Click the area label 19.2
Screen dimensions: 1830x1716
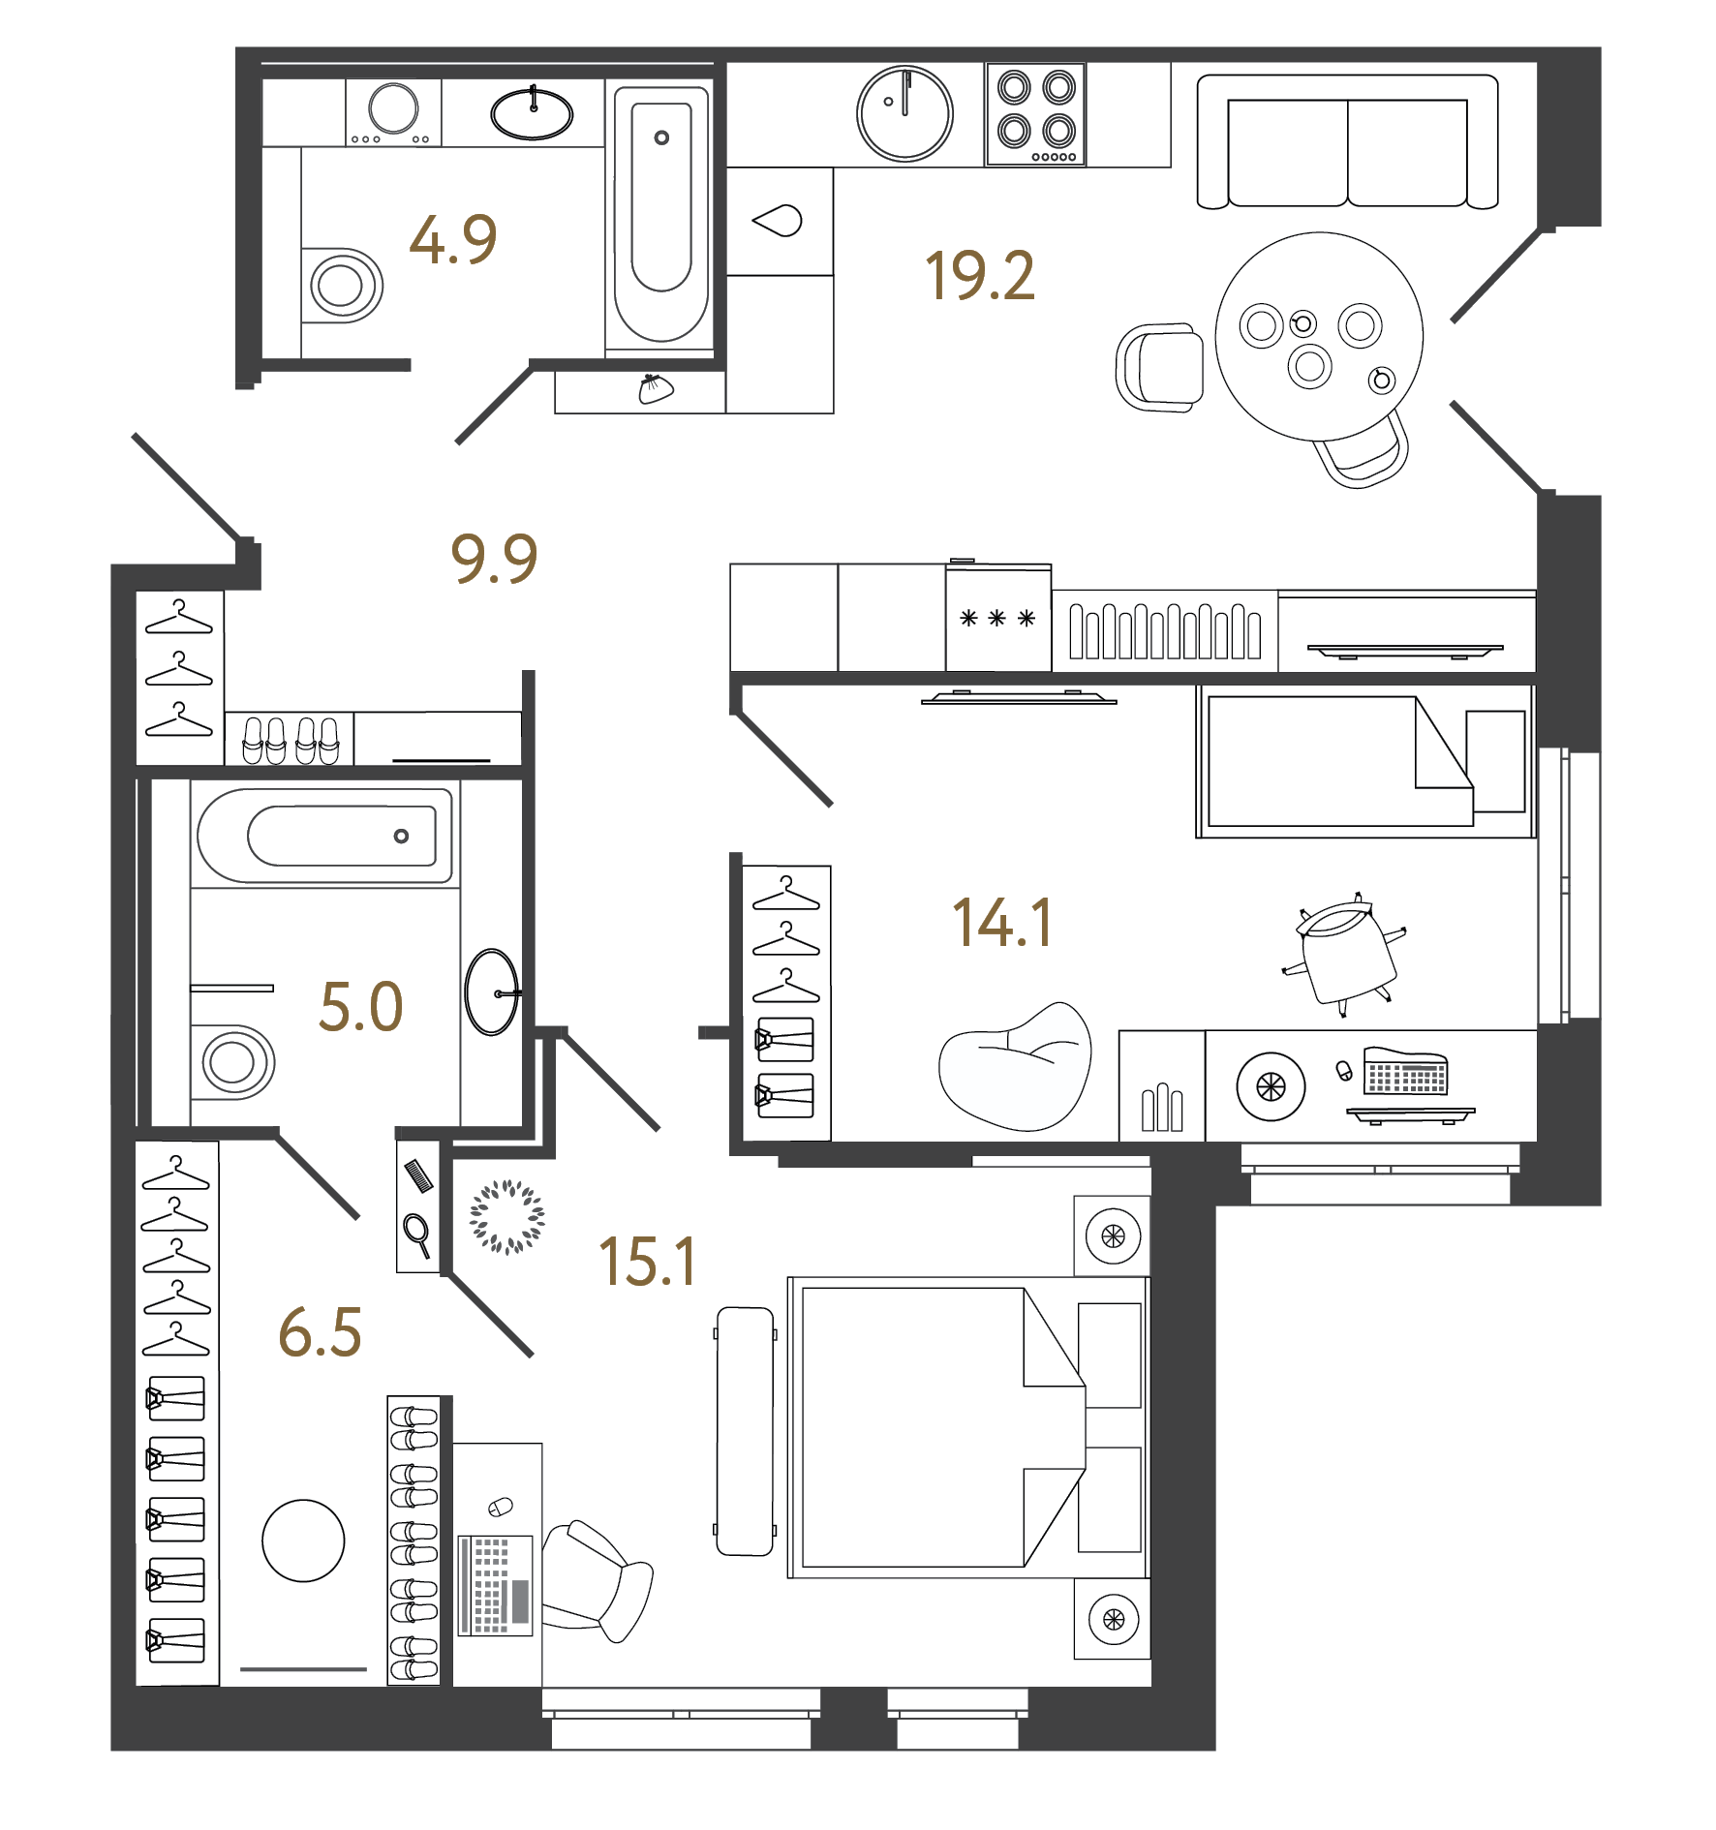tap(979, 276)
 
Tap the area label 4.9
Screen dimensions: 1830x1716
tap(452, 240)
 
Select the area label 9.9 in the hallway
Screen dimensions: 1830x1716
tap(494, 559)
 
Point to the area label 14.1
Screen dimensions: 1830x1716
tap(1002, 923)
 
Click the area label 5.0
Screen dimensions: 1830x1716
tap(360, 1007)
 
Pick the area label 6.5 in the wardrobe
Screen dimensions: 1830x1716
tap(320, 1332)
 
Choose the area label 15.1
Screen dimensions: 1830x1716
tap(647, 1263)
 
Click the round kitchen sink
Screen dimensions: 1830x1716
tap(904, 113)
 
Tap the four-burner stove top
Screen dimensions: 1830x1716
tap(1035, 114)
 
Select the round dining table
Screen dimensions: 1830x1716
tap(1318, 336)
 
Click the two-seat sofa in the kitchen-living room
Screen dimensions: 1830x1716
tap(1347, 142)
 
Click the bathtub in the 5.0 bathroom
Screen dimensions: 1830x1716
tap(325, 836)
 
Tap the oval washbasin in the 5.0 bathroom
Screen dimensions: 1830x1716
tap(492, 992)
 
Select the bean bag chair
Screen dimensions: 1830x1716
tap(1017, 1070)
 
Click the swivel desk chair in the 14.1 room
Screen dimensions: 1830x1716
tap(1346, 954)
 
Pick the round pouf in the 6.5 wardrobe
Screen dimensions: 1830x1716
tap(303, 1540)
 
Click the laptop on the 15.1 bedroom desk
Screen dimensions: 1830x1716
tap(495, 1583)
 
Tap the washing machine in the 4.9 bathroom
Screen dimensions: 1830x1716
tap(393, 112)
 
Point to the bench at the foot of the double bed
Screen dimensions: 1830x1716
tap(745, 1431)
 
